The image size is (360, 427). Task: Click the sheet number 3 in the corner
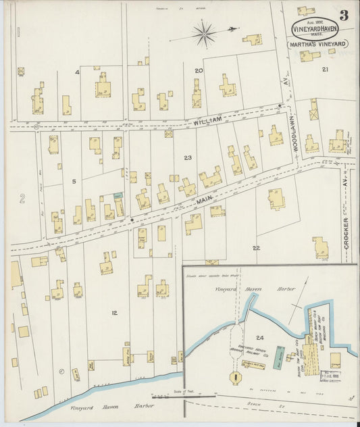[344, 16]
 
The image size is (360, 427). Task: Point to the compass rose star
[203, 32]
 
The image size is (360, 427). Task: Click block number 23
[187, 157]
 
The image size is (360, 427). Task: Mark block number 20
[199, 70]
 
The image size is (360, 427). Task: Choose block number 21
[325, 69]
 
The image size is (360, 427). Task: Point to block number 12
[115, 312]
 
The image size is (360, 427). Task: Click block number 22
[255, 248]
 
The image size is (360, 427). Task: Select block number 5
[74, 181]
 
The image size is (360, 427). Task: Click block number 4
[77, 72]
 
